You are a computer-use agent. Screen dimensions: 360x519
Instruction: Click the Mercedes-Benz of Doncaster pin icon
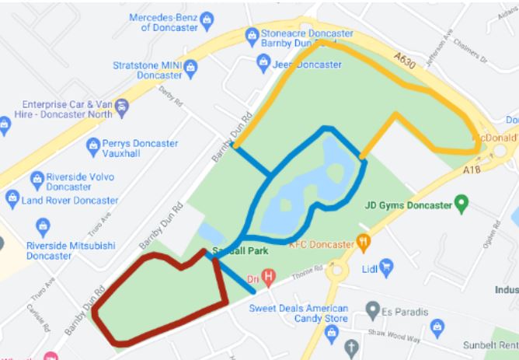tap(207, 19)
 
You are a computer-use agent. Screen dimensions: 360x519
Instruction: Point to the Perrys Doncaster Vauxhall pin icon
tap(94, 145)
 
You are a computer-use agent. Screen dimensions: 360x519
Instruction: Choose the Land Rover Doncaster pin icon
tap(12, 199)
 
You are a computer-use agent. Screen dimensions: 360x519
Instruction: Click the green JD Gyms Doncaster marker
tap(462, 205)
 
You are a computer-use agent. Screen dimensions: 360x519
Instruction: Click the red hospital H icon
tap(269, 274)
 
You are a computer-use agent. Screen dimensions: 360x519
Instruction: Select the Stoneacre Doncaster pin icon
tap(252, 35)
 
